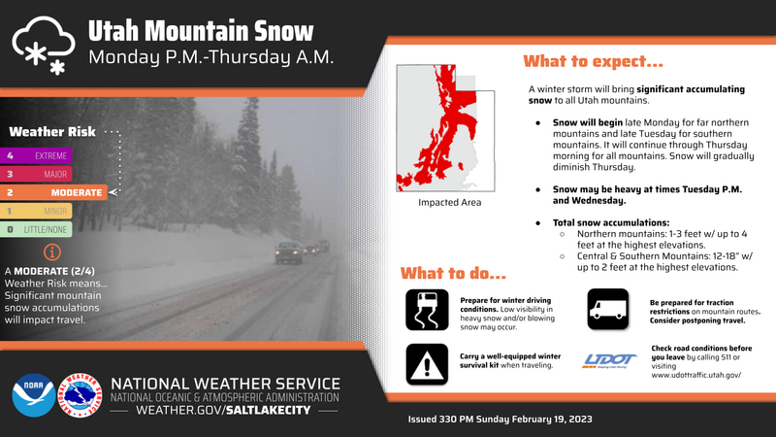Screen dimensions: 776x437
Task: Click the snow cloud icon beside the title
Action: point(44,45)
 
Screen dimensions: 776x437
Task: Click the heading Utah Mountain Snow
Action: point(201,31)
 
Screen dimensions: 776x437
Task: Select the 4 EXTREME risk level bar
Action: point(36,155)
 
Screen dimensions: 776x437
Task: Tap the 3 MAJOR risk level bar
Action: point(36,174)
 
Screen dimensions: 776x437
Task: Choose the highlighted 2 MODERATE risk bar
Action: point(53,192)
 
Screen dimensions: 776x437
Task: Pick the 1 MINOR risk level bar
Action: point(36,211)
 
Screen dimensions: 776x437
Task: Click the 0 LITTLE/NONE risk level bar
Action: point(36,229)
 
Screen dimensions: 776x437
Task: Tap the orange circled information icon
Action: point(52,252)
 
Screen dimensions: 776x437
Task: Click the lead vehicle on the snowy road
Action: point(288,252)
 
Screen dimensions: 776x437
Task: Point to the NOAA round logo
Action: point(34,395)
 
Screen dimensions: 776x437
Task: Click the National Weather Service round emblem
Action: point(80,395)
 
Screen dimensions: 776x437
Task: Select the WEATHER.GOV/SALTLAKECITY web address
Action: point(224,410)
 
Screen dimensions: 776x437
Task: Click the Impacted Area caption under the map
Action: point(449,202)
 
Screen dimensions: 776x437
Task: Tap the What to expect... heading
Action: point(593,61)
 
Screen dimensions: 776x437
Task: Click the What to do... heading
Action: point(453,273)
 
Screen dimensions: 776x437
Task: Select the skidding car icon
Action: point(427,310)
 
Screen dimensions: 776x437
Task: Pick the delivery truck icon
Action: point(608,309)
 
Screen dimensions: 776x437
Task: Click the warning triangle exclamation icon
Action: point(427,364)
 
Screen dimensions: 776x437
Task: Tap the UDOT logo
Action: point(610,360)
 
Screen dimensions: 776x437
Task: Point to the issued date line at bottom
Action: point(500,420)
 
